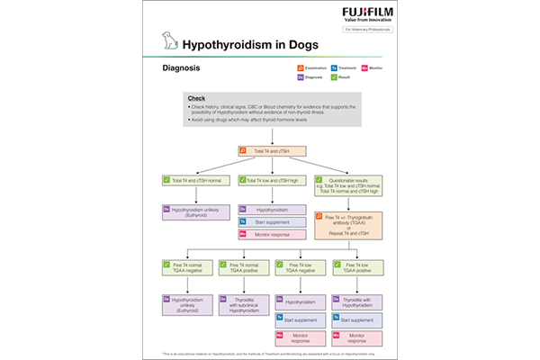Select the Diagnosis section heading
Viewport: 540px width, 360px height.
point(181,67)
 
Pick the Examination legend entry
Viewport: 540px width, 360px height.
point(310,68)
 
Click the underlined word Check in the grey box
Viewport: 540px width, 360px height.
point(197,97)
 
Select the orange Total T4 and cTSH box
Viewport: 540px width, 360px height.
point(272,151)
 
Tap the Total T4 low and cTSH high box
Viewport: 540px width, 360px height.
point(271,181)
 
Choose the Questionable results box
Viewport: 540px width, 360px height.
point(347,184)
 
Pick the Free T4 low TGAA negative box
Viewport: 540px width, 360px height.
point(301,268)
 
